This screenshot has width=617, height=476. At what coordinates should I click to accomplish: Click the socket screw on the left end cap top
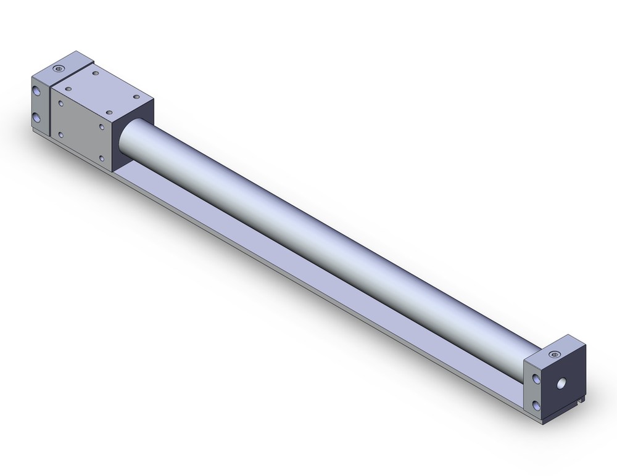coord(59,68)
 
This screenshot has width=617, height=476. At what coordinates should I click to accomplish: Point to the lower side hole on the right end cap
coord(535,406)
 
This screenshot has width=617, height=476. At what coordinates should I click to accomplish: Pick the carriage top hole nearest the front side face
coord(109,113)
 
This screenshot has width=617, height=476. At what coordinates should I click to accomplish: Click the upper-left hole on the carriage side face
coord(60,104)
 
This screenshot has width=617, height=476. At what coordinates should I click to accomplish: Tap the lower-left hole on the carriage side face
coord(60,134)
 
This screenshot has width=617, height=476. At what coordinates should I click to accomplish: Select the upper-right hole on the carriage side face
coord(102,127)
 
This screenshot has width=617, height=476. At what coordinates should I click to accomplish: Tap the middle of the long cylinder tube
coord(327,247)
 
